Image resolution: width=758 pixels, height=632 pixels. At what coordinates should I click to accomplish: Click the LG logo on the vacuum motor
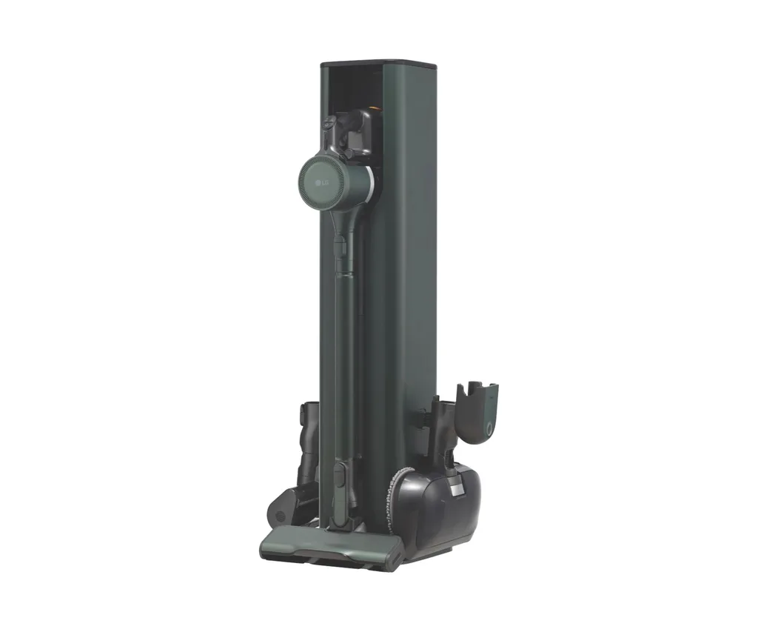pos(321,182)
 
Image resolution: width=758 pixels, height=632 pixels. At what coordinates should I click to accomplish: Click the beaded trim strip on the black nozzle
pos(392,493)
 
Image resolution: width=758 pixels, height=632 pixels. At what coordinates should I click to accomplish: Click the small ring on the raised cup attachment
pos(490,429)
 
